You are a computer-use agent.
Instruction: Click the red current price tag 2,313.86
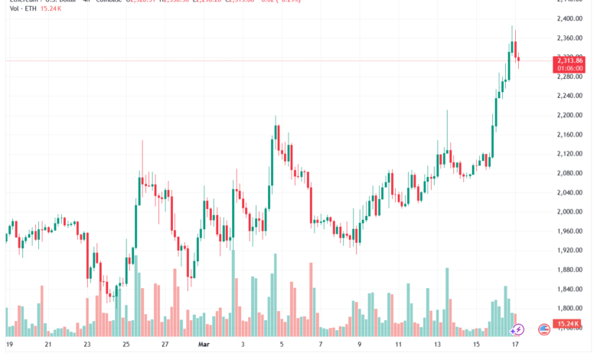point(570,61)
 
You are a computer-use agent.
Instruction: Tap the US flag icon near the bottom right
point(544,329)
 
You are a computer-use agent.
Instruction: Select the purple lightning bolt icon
point(517,329)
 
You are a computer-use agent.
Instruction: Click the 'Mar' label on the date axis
point(204,344)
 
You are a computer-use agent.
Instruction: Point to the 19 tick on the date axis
point(9,344)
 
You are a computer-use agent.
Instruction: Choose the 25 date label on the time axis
point(126,344)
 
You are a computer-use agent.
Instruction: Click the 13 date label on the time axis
point(437,344)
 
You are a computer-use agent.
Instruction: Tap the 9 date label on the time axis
point(359,344)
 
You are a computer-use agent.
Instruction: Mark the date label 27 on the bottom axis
point(165,344)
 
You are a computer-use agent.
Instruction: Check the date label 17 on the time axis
point(515,344)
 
